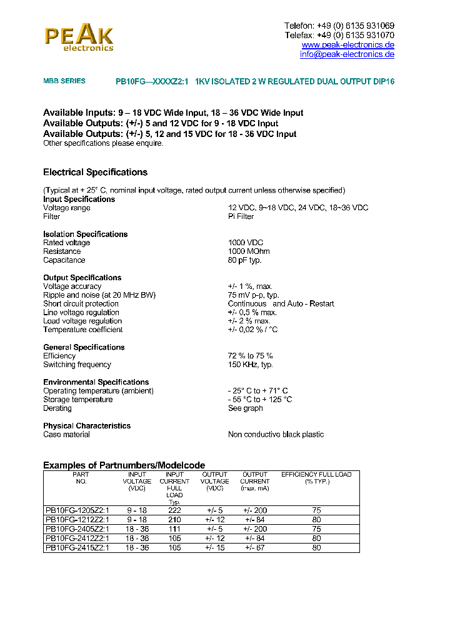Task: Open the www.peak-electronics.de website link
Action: [x=347, y=45]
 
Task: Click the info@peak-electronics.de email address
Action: [x=347, y=54]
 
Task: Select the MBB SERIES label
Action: [x=64, y=81]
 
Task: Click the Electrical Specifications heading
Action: [x=95, y=172]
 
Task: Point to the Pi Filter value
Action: [x=241, y=216]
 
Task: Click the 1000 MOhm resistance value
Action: [x=249, y=251]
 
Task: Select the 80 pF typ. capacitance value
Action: [x=244, y=260]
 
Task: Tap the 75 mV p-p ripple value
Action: [x=253, y=295]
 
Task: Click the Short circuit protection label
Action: [x=81, y=304]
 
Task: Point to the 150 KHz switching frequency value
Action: [x=250, y=365]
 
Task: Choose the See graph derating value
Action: [x=245, y=408]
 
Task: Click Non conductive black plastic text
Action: [x=276, y=435]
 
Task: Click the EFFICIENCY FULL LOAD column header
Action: [x=316, y=478]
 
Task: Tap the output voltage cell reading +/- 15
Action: [x=214, y=548]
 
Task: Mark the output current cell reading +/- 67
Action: [x=255, y=548]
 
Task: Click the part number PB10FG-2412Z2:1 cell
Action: [x=77, y=539]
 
